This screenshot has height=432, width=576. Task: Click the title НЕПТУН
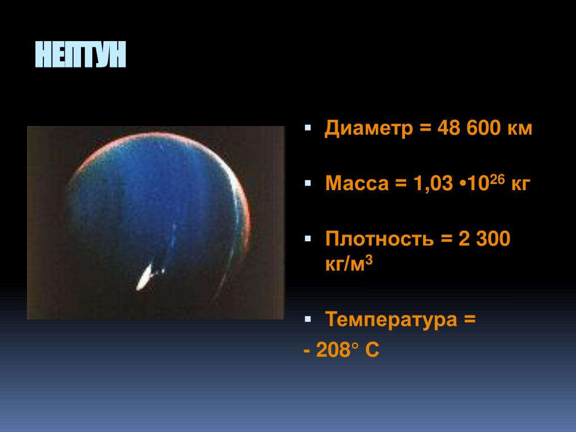click(x=80, y=55)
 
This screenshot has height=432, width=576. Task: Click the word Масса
click(x=357, y=183)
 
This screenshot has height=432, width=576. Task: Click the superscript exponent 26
click(x=497, y=179)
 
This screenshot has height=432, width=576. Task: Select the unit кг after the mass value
click(x=520, y=184)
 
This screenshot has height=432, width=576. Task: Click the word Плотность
click(x=380, y=238)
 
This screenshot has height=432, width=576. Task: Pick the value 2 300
click(x=484, y=238)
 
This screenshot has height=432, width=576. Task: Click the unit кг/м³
click(x=349, y=263)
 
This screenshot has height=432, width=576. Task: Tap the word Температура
click(x=391, y=319)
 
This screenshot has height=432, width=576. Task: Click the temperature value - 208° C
click(x=341, y=350)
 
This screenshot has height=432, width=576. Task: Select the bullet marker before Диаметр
click(x=308, y=128)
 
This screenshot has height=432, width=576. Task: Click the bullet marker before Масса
click(x=308, y=183)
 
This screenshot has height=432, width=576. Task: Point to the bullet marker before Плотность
click(x=308, y=238)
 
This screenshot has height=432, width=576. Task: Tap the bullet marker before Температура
click(x=308, y=319)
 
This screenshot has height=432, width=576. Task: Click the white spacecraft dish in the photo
click(x=145, y=277)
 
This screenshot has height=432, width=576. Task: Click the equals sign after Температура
click(x=470, y=319)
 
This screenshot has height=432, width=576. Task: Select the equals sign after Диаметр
click(x=425, y=128)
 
